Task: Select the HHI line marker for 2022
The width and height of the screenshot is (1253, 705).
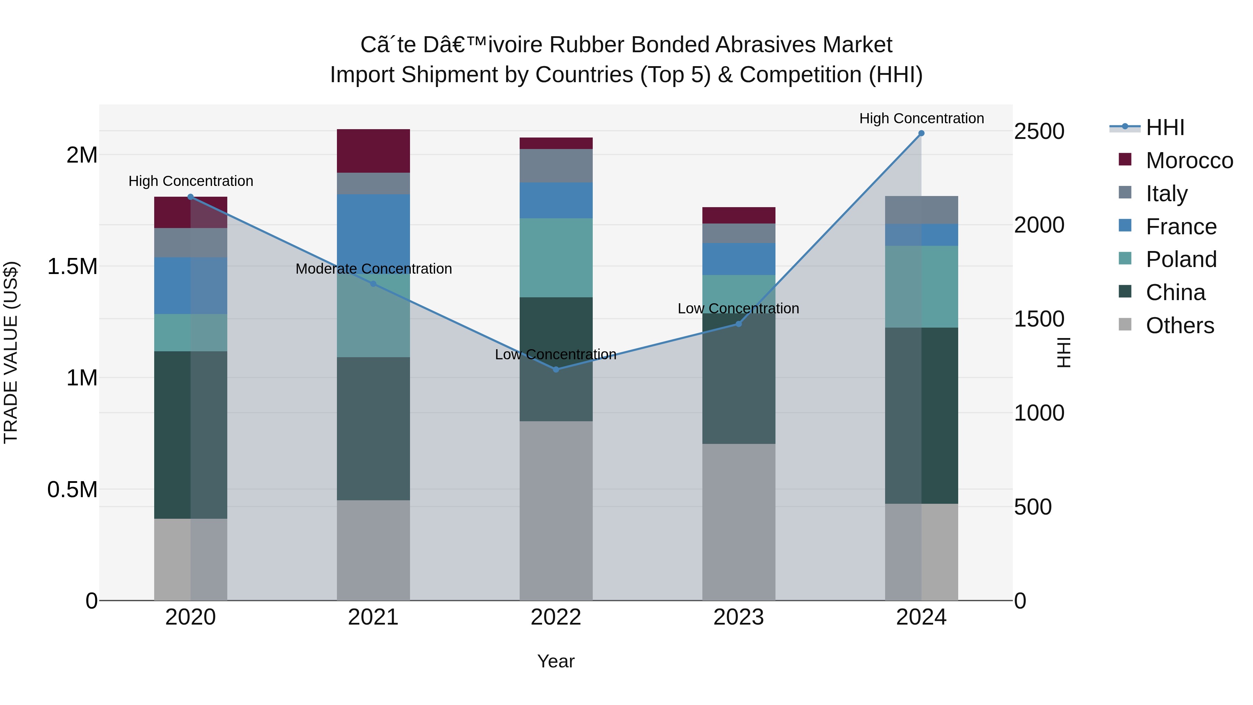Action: pyautogui.click(x=556, y=369)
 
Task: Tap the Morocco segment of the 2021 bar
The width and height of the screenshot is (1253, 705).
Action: pyautogui.click(x=373, y=151)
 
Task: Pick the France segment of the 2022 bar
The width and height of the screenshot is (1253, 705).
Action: pyautogui.click(x=556, y=201)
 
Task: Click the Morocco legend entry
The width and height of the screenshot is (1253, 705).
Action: pyautogui.click(x=1189, y=160)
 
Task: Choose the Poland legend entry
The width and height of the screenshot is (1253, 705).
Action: pyautogui.click(x=1181, y=259)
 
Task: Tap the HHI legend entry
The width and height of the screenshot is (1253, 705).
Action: pyautogui.click(x=1165, y=127)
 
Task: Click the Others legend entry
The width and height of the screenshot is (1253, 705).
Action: pyautogui.click(x=1180, y=326)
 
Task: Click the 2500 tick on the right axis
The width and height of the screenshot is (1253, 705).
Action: pyautogui.click(x=1039, y=131)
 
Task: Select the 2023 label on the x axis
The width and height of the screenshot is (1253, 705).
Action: pyautogui.click(x=738, y=617)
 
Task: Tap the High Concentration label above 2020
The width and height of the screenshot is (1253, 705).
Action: pyautogui.click(x=191, y=181)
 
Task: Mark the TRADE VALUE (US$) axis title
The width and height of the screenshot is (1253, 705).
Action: pyautogui.click(x=11, y=352)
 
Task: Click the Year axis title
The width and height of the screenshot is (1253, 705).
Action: pyautogui.click(x=555, y=661)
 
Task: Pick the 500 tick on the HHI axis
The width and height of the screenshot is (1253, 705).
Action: pyautogui.click(x=1033, y=507)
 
